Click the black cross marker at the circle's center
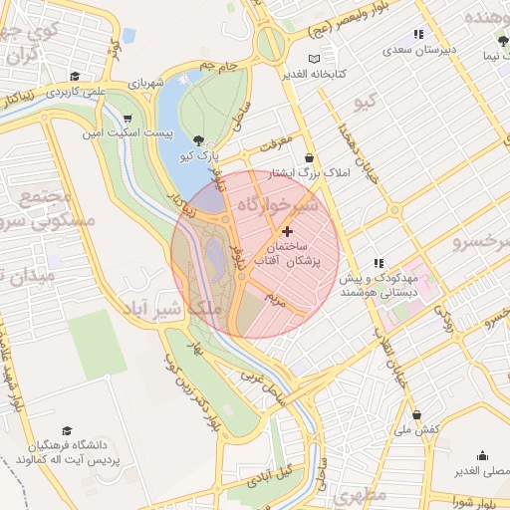pos(289,230)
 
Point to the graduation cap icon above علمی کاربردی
pos(75,76)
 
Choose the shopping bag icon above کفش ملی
pos(416,414)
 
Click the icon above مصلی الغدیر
pos(482,456)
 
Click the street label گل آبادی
pos(272,471)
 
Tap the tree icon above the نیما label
pos(502,41)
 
